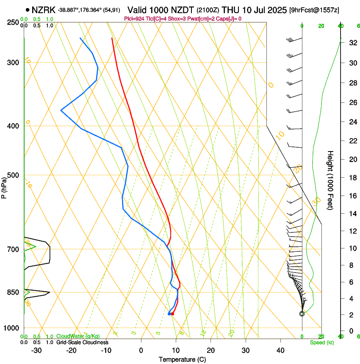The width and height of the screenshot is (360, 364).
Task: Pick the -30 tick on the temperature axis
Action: click(x=36, y=350)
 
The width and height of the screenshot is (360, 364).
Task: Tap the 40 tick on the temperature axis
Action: click(x=280, y=350)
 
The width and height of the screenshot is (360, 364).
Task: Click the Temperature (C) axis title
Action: click(x=182, y=359)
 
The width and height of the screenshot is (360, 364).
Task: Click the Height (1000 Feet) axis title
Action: click(x=331, y=180)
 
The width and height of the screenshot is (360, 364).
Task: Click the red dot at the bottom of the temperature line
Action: click(x=172, y=314)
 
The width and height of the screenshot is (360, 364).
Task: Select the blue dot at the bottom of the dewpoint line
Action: click(x=169, y=314)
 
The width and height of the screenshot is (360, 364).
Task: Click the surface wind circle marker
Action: click(x=302, y=314)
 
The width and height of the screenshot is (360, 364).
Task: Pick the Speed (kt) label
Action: click(x=321, y=342)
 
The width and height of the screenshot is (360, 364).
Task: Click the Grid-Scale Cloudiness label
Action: click(x=82, y=342)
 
